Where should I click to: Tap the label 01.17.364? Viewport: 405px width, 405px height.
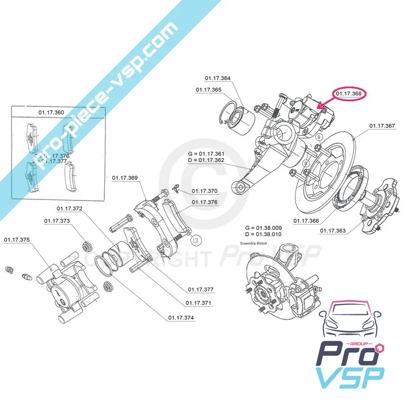pyautogui.click(x=218, y=78)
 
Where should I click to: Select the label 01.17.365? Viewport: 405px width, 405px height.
pyautogui.click(x=209, y=90)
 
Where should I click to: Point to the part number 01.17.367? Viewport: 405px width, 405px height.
pyautogui.click(x=382, y=126)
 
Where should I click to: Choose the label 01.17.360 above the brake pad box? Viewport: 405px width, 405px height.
pyautogui.click(x=52, y=112)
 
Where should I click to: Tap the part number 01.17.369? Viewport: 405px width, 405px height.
pyautogui.click(x=125, y=178)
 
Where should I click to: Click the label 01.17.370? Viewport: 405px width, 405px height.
pyautogui.click(x=205, y=191)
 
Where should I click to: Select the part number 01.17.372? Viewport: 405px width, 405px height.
pyautogui.click(x=69, y=209)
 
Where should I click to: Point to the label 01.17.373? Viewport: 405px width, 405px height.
pyautogui.click(x=57, y=221)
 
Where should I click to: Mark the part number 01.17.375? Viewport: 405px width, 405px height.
pyautogui.click(x=17, y=240)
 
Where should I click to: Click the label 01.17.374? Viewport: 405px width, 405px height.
pyautogui.click(x=181, y=318)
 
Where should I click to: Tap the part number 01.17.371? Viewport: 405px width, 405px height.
pyautogui.click(x=198, y=303)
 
